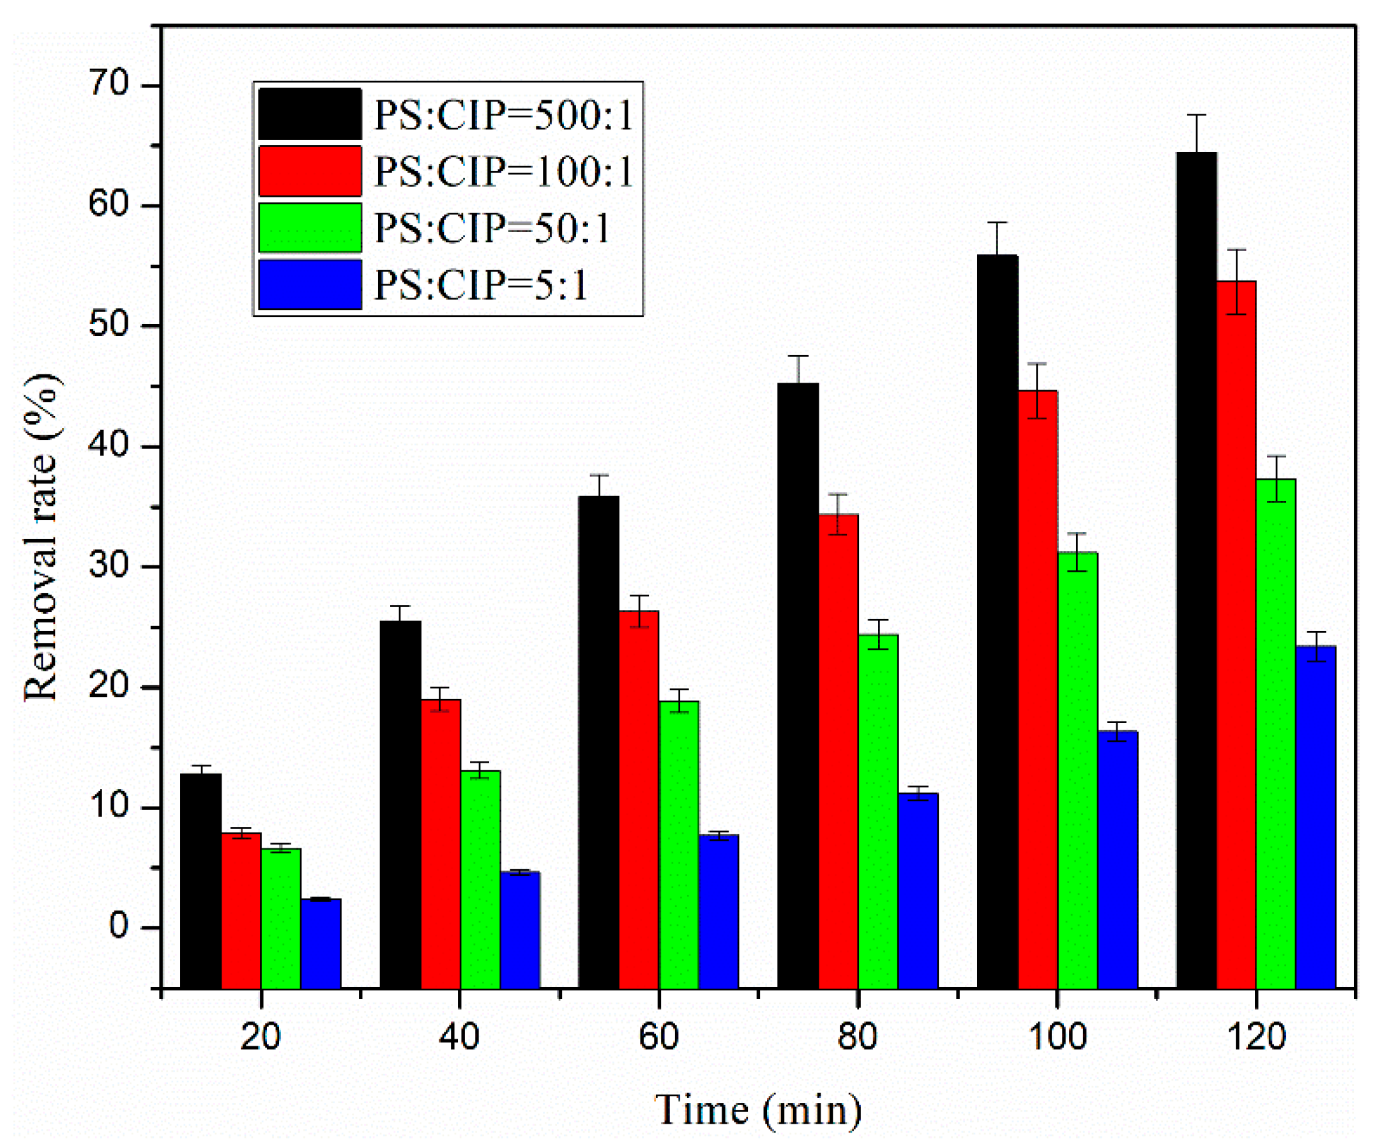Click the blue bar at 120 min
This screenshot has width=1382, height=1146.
tap(1316, 817)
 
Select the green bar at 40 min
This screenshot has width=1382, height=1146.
tap(480, 880)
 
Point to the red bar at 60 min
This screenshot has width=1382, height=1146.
tap(639, 799)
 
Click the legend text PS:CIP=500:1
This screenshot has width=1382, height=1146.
tap(503, 115)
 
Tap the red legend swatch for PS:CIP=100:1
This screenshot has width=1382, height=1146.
tap(310, 171)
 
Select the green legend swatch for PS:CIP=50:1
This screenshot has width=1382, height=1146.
tap(310, 228)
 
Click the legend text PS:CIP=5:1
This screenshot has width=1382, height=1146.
tap(480, 285)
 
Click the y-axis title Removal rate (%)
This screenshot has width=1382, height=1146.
tap(41, 537)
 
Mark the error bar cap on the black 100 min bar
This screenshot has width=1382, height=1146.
tap(998, 222)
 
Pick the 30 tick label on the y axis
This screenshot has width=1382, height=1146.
tap(109, 566)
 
